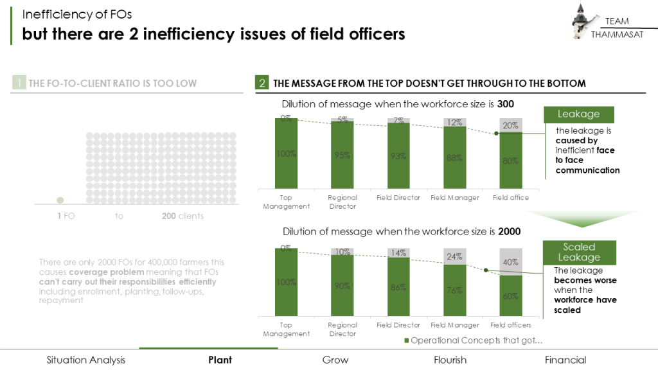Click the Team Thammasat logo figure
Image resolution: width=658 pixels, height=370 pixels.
coord(583,22)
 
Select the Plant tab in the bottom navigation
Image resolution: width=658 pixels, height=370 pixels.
coord(220,360)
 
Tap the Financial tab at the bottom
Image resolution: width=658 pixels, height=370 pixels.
coord(565,360)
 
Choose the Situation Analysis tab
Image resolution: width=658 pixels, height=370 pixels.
coord(86,360)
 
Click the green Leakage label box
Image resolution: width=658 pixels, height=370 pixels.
coord(578,114)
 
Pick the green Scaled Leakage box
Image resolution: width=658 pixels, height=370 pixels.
coord(579,252)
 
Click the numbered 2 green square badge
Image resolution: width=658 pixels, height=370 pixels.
coord(262,84)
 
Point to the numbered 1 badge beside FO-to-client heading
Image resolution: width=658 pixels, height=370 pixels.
coord(19,84)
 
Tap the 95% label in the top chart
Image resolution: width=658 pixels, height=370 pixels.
coord(342,155)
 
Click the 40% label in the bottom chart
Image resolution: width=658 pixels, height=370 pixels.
coord(511,262)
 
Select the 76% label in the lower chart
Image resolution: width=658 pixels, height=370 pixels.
coord(455,290)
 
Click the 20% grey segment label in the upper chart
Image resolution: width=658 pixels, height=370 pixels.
coord(511,126)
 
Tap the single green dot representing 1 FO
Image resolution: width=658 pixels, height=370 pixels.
coord(60,200)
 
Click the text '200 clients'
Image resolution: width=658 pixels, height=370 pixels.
coord(182,216)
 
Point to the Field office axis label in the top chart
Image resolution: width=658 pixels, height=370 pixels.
coord(511,198)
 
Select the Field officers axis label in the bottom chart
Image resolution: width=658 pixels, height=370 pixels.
coord(511,325)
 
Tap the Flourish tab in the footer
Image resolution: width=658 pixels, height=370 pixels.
coord(450,360)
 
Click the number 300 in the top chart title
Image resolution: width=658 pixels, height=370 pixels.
coord(505,104)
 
